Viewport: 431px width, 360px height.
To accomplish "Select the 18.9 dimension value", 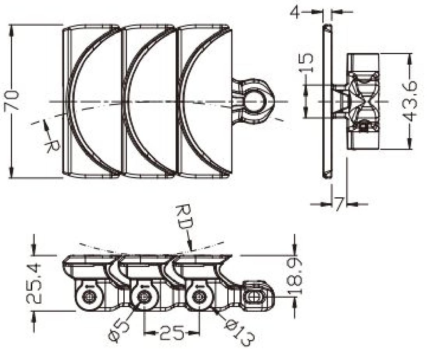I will point(297,276).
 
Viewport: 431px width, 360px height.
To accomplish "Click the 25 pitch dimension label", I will point(172,334).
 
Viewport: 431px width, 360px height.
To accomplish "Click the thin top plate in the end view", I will point(327,101).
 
